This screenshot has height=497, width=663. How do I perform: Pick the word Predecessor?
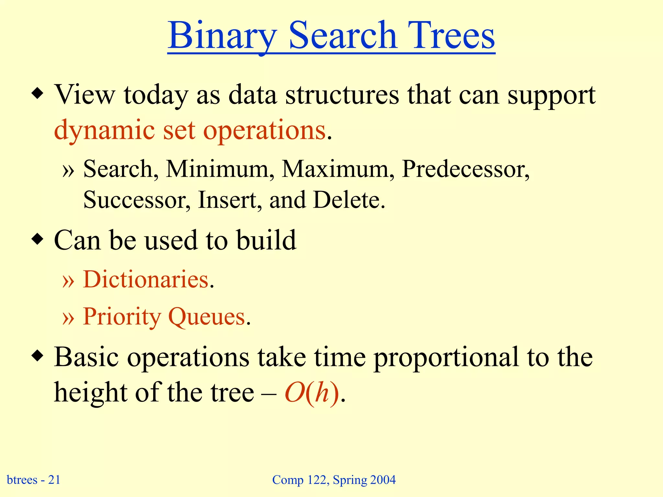(x=466, y=169)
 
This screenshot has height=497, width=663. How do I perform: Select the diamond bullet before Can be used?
(x=38, y=240)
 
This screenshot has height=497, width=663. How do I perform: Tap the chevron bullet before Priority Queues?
(x=68, y=317)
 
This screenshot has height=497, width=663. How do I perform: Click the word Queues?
(x=207, y=316)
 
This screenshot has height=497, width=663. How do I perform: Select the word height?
(x=90, y=392)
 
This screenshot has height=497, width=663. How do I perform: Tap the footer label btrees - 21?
(x=34, y=480)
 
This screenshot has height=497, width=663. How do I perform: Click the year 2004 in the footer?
(x=383, y=480)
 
